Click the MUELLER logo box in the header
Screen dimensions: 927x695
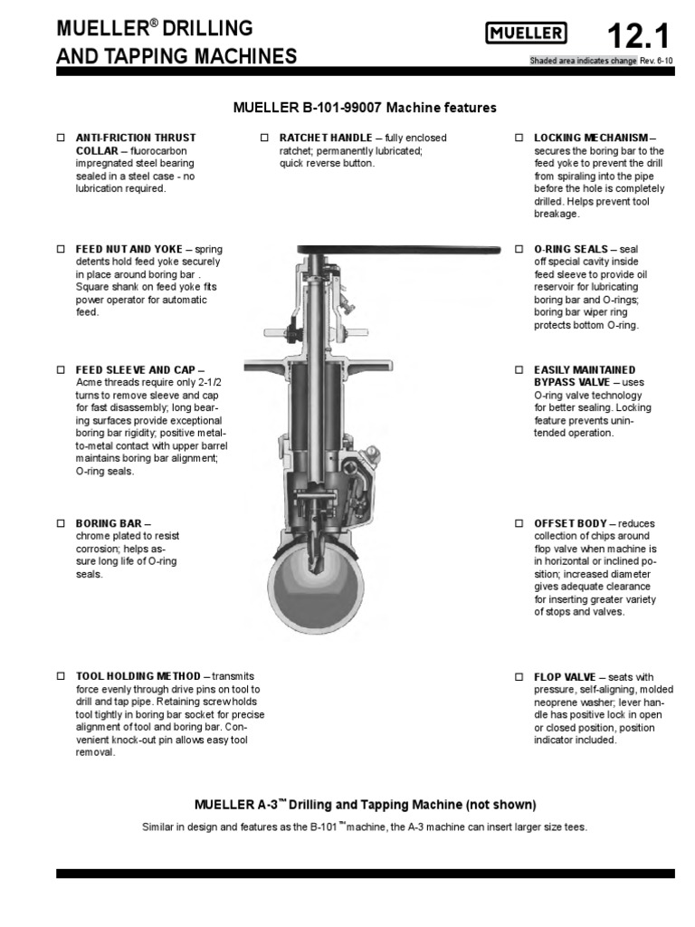527,35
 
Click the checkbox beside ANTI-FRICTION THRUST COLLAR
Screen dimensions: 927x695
62,138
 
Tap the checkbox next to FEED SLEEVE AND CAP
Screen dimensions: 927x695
62,370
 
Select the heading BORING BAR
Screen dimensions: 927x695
108,523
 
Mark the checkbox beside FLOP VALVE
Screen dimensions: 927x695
519,676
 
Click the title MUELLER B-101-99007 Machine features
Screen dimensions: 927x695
365,108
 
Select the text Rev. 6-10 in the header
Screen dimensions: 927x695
656,62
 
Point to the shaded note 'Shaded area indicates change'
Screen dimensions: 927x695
583,62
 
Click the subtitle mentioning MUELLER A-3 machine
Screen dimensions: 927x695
366,804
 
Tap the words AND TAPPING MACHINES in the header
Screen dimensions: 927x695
176,57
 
